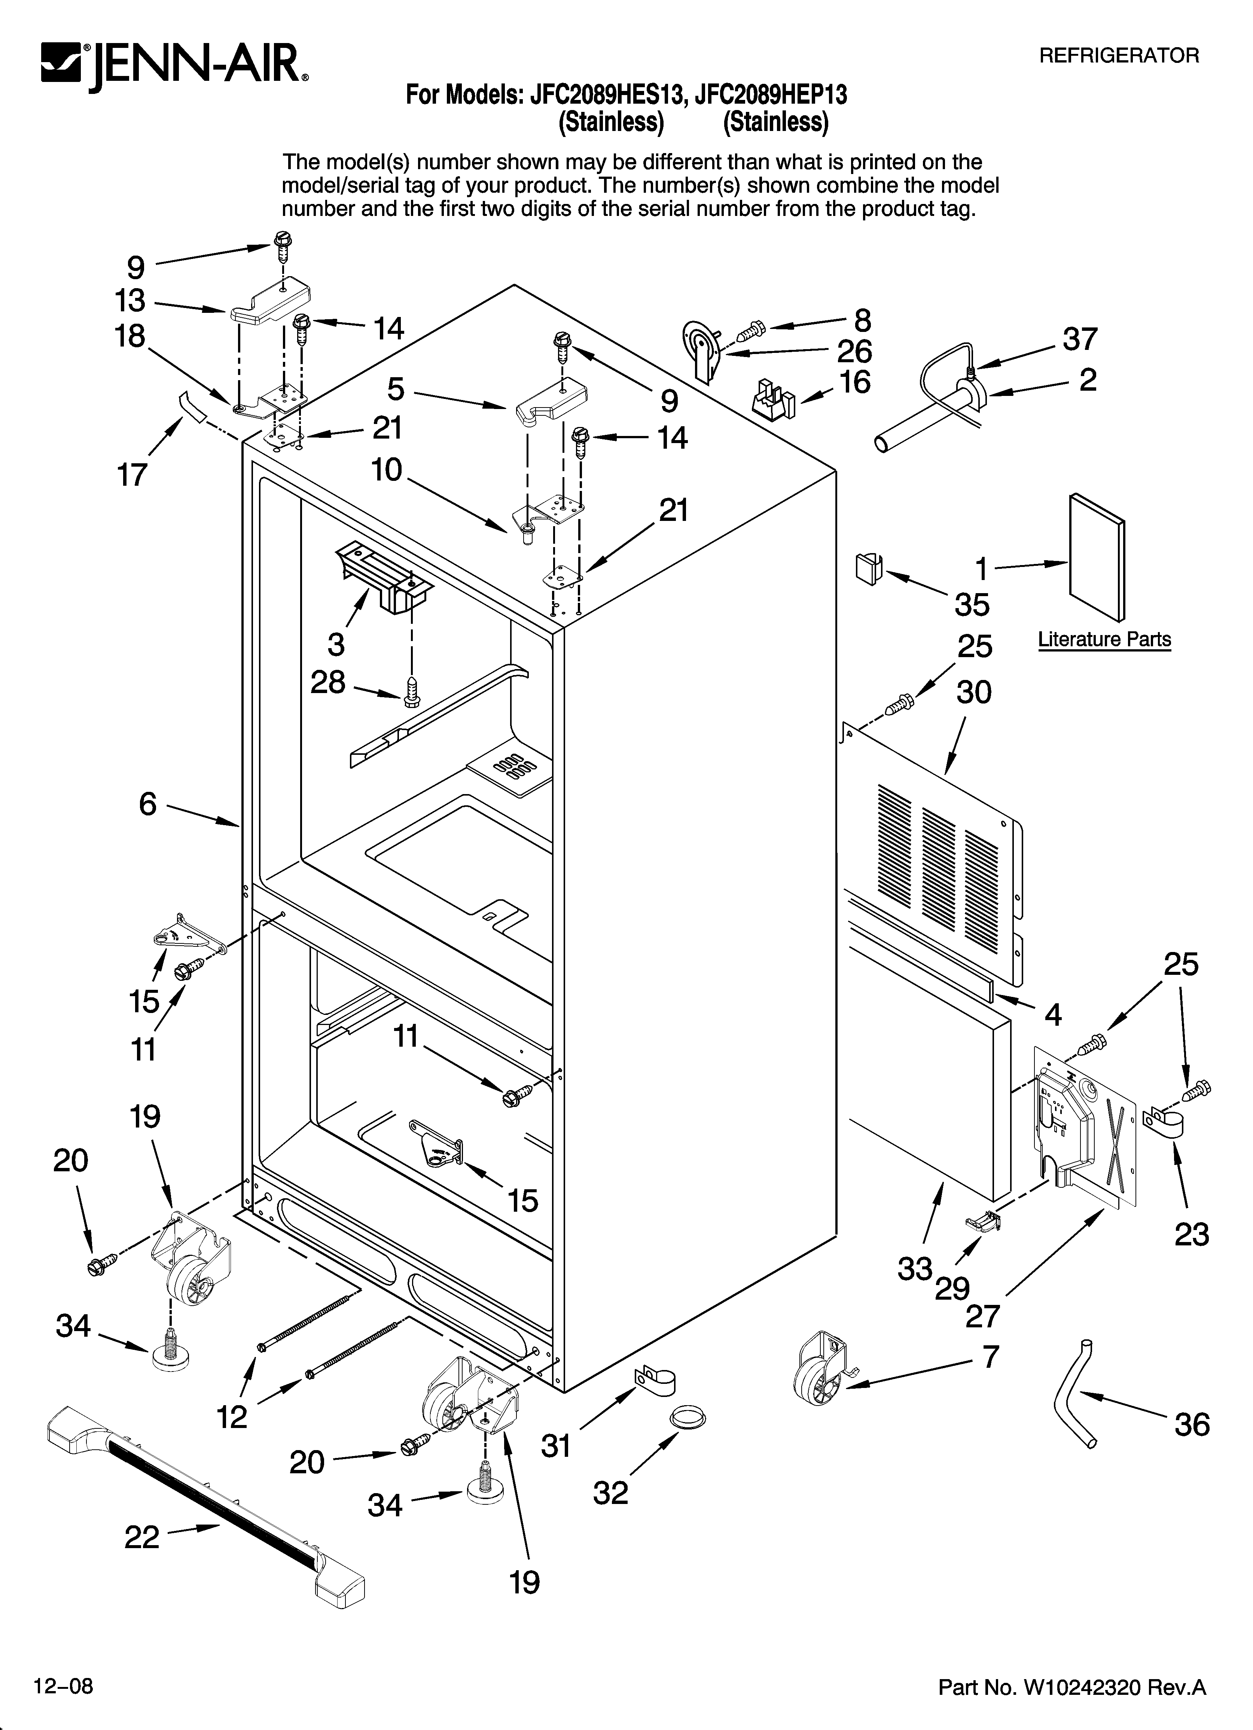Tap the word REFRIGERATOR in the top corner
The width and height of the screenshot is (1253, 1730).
point(1119,56)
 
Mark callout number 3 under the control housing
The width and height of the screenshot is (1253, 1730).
point(336,644)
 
